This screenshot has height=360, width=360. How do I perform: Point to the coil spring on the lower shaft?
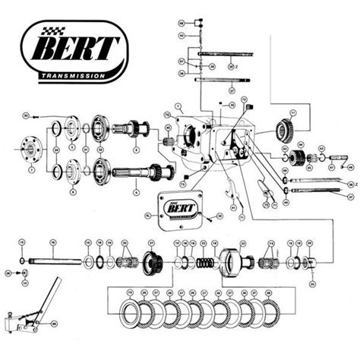[204, 263]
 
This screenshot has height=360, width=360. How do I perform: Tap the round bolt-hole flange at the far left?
[32, 149]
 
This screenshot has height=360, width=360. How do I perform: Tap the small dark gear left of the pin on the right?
[301, 159]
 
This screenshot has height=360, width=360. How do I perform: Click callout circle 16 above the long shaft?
[53, 242]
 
